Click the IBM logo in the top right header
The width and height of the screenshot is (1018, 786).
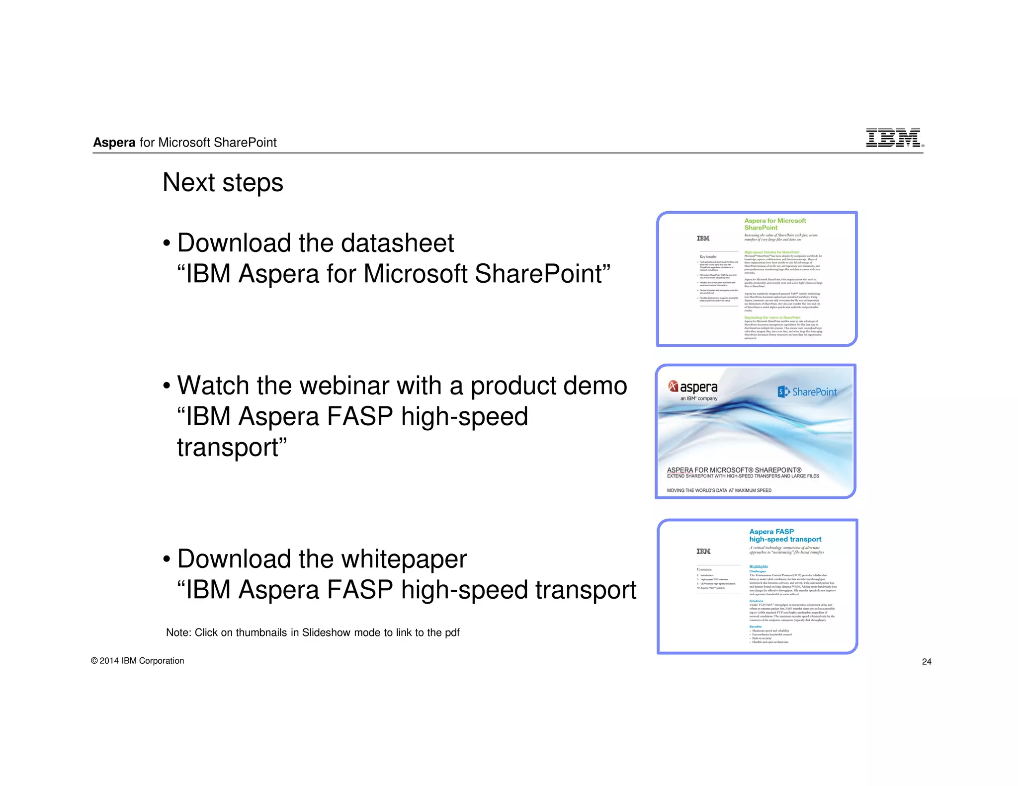[893, 138]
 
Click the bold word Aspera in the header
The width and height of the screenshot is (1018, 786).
[114, 143]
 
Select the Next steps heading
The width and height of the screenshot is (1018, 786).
[223, 182]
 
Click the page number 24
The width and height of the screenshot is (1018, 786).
[926, 661]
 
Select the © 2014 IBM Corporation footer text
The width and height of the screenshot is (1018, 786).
[137, 660]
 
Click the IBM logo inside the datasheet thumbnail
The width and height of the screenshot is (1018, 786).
[703, 238]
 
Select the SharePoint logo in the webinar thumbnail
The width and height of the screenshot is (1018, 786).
[807, 392]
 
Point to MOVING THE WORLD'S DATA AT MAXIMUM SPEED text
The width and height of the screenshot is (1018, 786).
[719, 490]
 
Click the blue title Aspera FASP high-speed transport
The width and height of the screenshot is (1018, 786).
[784, 536]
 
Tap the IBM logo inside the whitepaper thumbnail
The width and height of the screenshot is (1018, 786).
[703, 551]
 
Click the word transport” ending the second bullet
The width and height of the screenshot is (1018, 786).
[232, 448]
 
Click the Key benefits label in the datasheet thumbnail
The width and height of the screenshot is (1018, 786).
[708, 257]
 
